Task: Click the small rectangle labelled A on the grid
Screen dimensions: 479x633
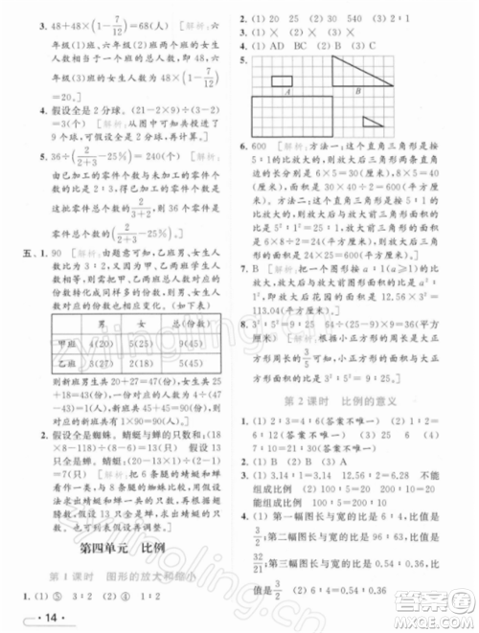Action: coord(282,82)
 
